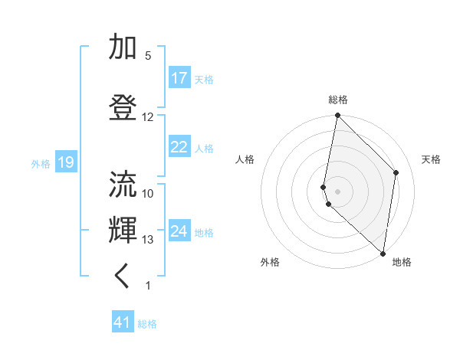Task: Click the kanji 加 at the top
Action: click(123, 47)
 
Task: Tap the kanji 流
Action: click(123, 185)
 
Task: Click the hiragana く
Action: click(123, 277)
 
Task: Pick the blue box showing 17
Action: click(179, 78)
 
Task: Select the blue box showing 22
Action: click(179, 147)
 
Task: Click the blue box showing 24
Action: click(179, 231)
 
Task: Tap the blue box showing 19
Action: click(65, 162)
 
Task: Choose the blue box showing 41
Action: click(123, 322)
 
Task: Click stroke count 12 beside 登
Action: click(148, 117)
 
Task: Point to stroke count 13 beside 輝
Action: click(148, 240)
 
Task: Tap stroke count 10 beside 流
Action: click(148, 193)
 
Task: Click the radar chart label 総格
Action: click(338, 100)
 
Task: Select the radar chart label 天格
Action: click(431, 159)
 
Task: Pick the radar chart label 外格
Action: click(270, 262)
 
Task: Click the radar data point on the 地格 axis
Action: click(383, 254)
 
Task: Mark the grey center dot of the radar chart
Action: click(338, 191)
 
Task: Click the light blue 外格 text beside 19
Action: click(41, 163)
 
